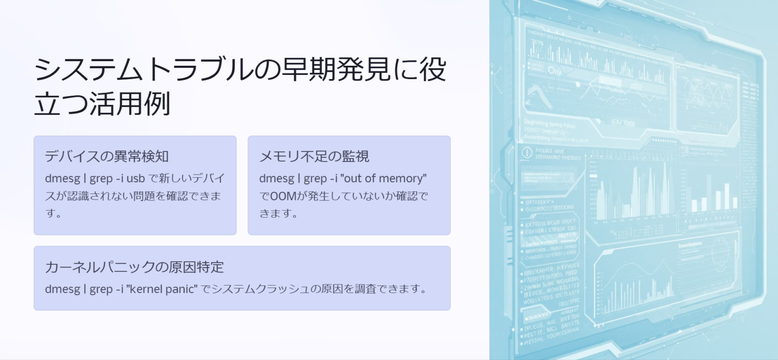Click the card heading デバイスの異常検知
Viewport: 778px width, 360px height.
106,156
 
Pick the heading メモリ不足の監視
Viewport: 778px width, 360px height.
314,156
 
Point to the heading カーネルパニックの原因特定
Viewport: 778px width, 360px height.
134,267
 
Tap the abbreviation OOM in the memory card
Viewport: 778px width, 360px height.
283,196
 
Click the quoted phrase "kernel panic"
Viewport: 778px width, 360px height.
162,289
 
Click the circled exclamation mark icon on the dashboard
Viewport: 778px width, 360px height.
527,152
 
